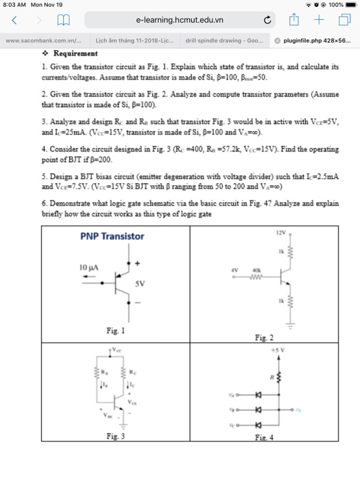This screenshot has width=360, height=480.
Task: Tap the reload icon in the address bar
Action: (x=267, y=21)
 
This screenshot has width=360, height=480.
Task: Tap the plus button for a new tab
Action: (x=320, y=21)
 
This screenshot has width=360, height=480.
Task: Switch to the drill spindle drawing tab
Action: (x=224, y=40)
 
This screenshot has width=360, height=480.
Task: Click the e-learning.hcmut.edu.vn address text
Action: (x=180, y=21)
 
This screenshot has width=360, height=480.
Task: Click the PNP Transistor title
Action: (x=112, y=237)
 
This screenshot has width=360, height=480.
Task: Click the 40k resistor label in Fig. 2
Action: (x=255, y=269)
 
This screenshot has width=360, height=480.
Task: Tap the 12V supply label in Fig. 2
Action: (x=280, y=232)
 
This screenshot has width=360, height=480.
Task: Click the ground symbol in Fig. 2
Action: (x=290, y=327)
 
